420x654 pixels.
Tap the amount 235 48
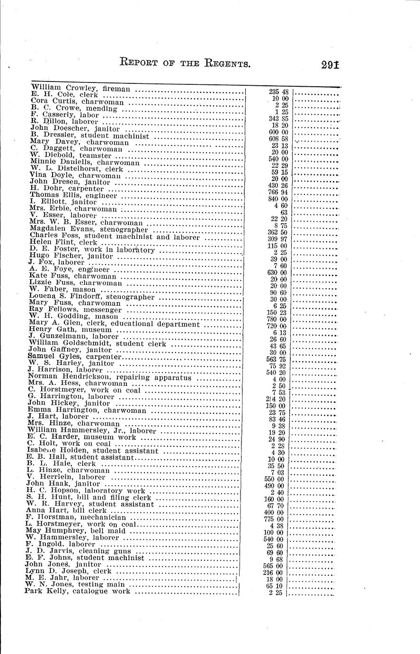pyautogui.click(x=279, y=91)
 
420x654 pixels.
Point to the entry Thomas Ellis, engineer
pyautogui.click(x=73, y=195)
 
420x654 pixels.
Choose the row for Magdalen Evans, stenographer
pyautogui.click(x=82, y=228)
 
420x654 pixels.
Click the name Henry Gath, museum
pyautogui.click(x=70, y=329)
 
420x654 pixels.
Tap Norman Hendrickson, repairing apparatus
pyautogui.click(x=109, y=377)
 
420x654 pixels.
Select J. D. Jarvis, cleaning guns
pyautogui.click(x=78, y=551)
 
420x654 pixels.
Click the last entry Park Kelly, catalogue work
pyautogui.click(x=77, y=591)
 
